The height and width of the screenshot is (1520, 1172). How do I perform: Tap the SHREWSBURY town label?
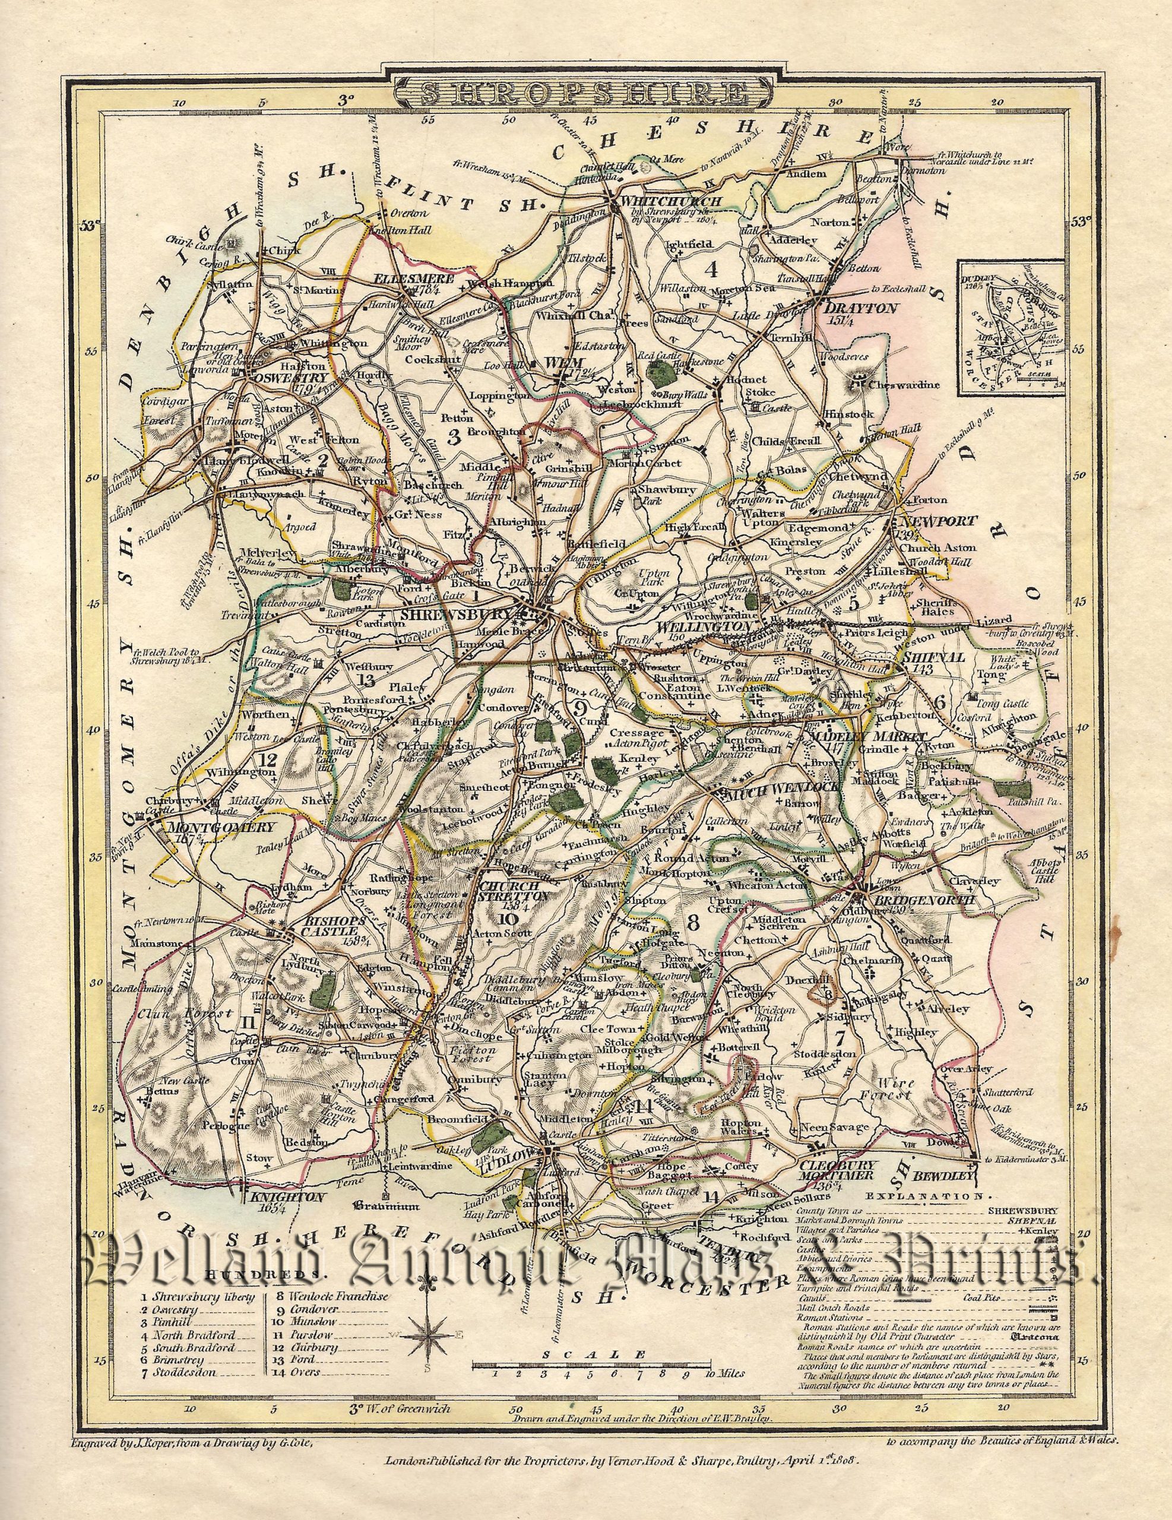click(x=460, y=615)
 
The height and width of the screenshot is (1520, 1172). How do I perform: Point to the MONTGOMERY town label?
click(x=220, y=828)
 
